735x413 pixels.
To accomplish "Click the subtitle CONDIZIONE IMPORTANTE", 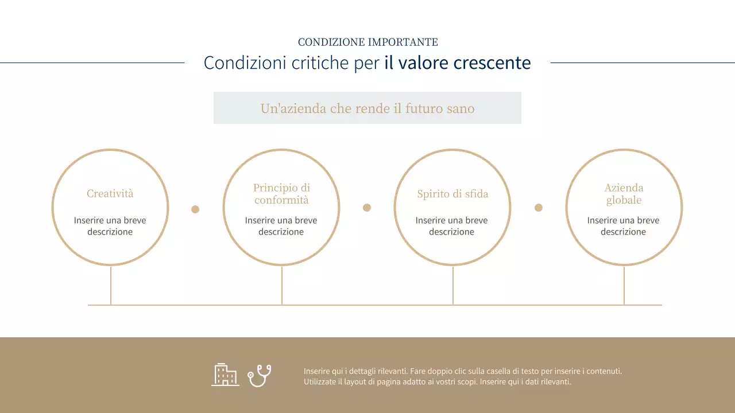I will pos(367,42).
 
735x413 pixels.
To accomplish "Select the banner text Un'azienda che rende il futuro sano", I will pos(367,108).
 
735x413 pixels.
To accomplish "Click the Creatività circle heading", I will pos(110,194).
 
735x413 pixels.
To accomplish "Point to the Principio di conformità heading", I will pos(281,194).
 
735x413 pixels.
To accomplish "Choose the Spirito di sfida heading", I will pos(452,194).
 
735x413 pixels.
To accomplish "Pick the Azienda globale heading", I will pos(624,194).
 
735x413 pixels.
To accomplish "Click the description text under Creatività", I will pos(110,226).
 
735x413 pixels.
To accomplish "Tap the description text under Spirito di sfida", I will pos(451,226).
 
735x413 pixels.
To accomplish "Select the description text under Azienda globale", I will pos(623,226).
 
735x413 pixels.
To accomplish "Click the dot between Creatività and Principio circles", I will pos(195,209).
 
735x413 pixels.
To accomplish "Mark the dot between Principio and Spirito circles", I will pos(367,208).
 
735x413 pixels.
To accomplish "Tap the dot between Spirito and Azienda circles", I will pos(539,208).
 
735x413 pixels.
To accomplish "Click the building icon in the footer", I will pos(225,375).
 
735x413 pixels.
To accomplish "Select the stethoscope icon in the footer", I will pos(260,376).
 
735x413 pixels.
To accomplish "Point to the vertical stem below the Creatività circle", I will pos(111,285).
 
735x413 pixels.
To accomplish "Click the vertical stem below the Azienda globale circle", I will pos(624,285).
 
